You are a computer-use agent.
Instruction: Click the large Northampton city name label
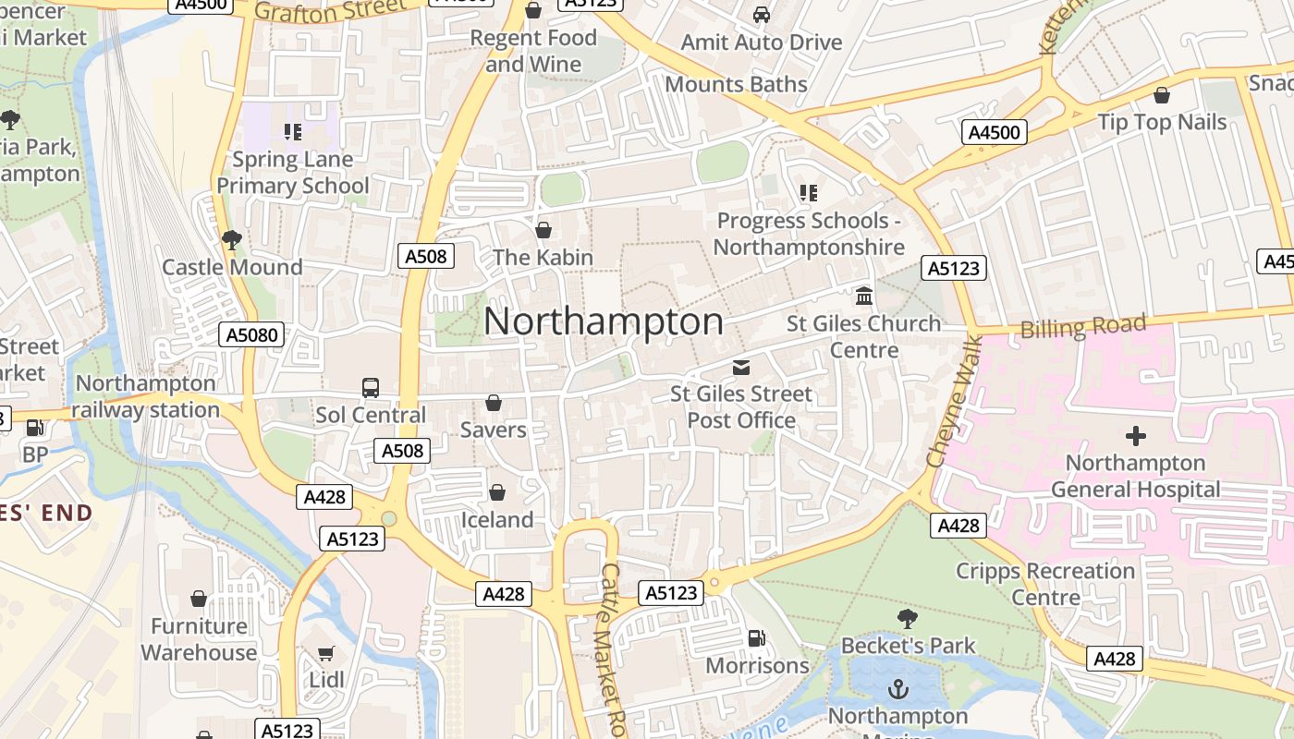click(x=604, y=321)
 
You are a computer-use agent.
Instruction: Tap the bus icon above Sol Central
click(x=371, y=388)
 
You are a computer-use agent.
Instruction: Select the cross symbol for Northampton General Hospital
click(x=1135, y=436)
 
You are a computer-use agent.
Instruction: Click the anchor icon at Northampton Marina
click(x=897, y=689)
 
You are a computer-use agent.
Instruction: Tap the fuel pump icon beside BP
click(x=35, y=428)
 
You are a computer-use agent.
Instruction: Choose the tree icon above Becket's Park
click(x=908, y=618)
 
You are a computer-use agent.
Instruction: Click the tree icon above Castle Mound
click(x=232, y=240)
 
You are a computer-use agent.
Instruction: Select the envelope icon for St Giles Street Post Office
click(x=740, y=368)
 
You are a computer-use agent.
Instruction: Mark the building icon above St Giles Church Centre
click(x=864, y=297)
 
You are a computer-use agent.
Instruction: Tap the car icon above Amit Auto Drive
click(x=762, y=15)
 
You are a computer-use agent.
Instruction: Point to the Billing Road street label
click(x=1083, y=327)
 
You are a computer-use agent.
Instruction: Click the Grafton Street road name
click(x=330, y=10)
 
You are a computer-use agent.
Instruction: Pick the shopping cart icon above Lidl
click(x=326, y=654)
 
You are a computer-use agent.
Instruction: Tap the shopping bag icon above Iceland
click(x=497, y=493)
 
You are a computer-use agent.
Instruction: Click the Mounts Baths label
click(x=736, y=84)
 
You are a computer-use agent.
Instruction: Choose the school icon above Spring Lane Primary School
click(x=293, y=132)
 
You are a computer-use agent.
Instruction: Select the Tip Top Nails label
click(x=1162, y=122)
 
